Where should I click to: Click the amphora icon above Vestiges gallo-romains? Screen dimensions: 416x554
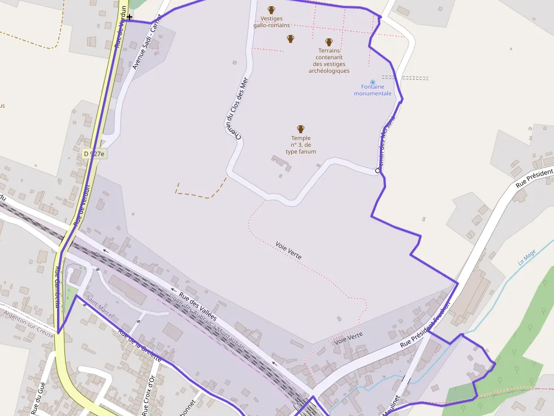click(x=271, y=10)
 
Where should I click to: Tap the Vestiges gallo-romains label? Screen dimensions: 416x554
click(x=271, y=22)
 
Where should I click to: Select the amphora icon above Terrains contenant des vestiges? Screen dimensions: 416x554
click(x=329, y=42)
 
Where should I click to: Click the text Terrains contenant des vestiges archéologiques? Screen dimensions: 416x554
click(x=329, y=60)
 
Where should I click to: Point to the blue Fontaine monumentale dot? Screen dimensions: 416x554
click(x=372, y=82)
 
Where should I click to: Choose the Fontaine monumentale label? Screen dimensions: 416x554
click(x=373, y=90)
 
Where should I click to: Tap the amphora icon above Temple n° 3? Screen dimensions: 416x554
click(x=301, y=129)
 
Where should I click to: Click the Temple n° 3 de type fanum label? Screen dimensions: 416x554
click(x=301, y=145)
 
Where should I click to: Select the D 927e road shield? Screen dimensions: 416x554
click(x=94, y=154)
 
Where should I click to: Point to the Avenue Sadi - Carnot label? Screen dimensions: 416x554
click(x=146, y=43)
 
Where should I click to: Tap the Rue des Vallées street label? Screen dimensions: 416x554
click(x=198, y=306)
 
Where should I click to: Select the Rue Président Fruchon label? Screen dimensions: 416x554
click(x=425, y=326)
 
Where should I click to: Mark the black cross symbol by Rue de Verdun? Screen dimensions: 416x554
click(x=129, y=17)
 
